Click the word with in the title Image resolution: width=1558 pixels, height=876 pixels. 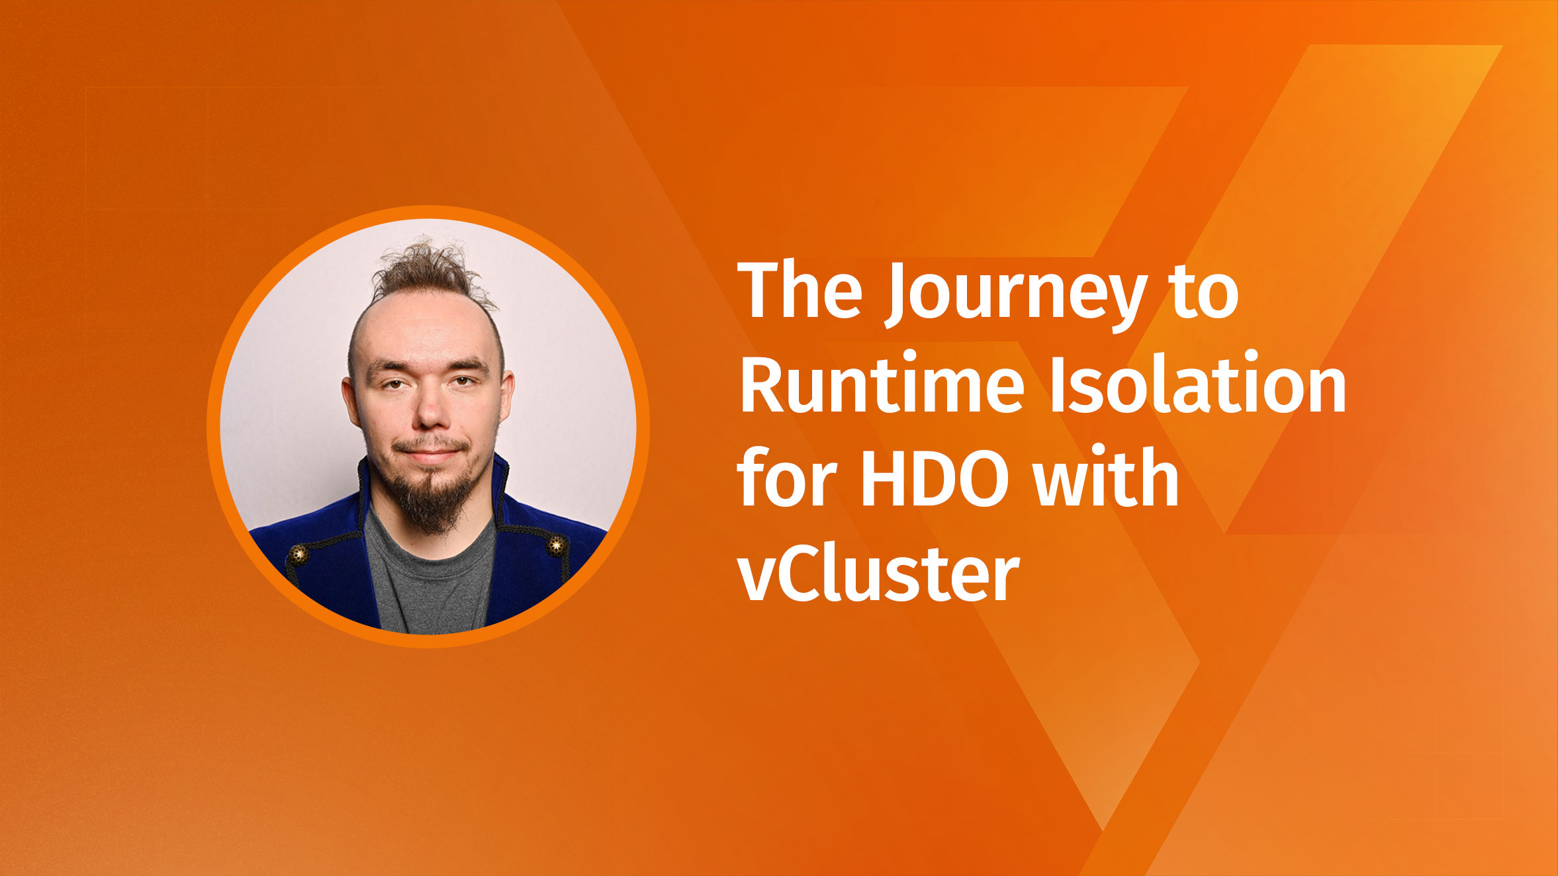(1106, 476)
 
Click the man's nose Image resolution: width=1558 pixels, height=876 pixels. (431, 414)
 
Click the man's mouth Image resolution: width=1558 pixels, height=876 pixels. (431, 453)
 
